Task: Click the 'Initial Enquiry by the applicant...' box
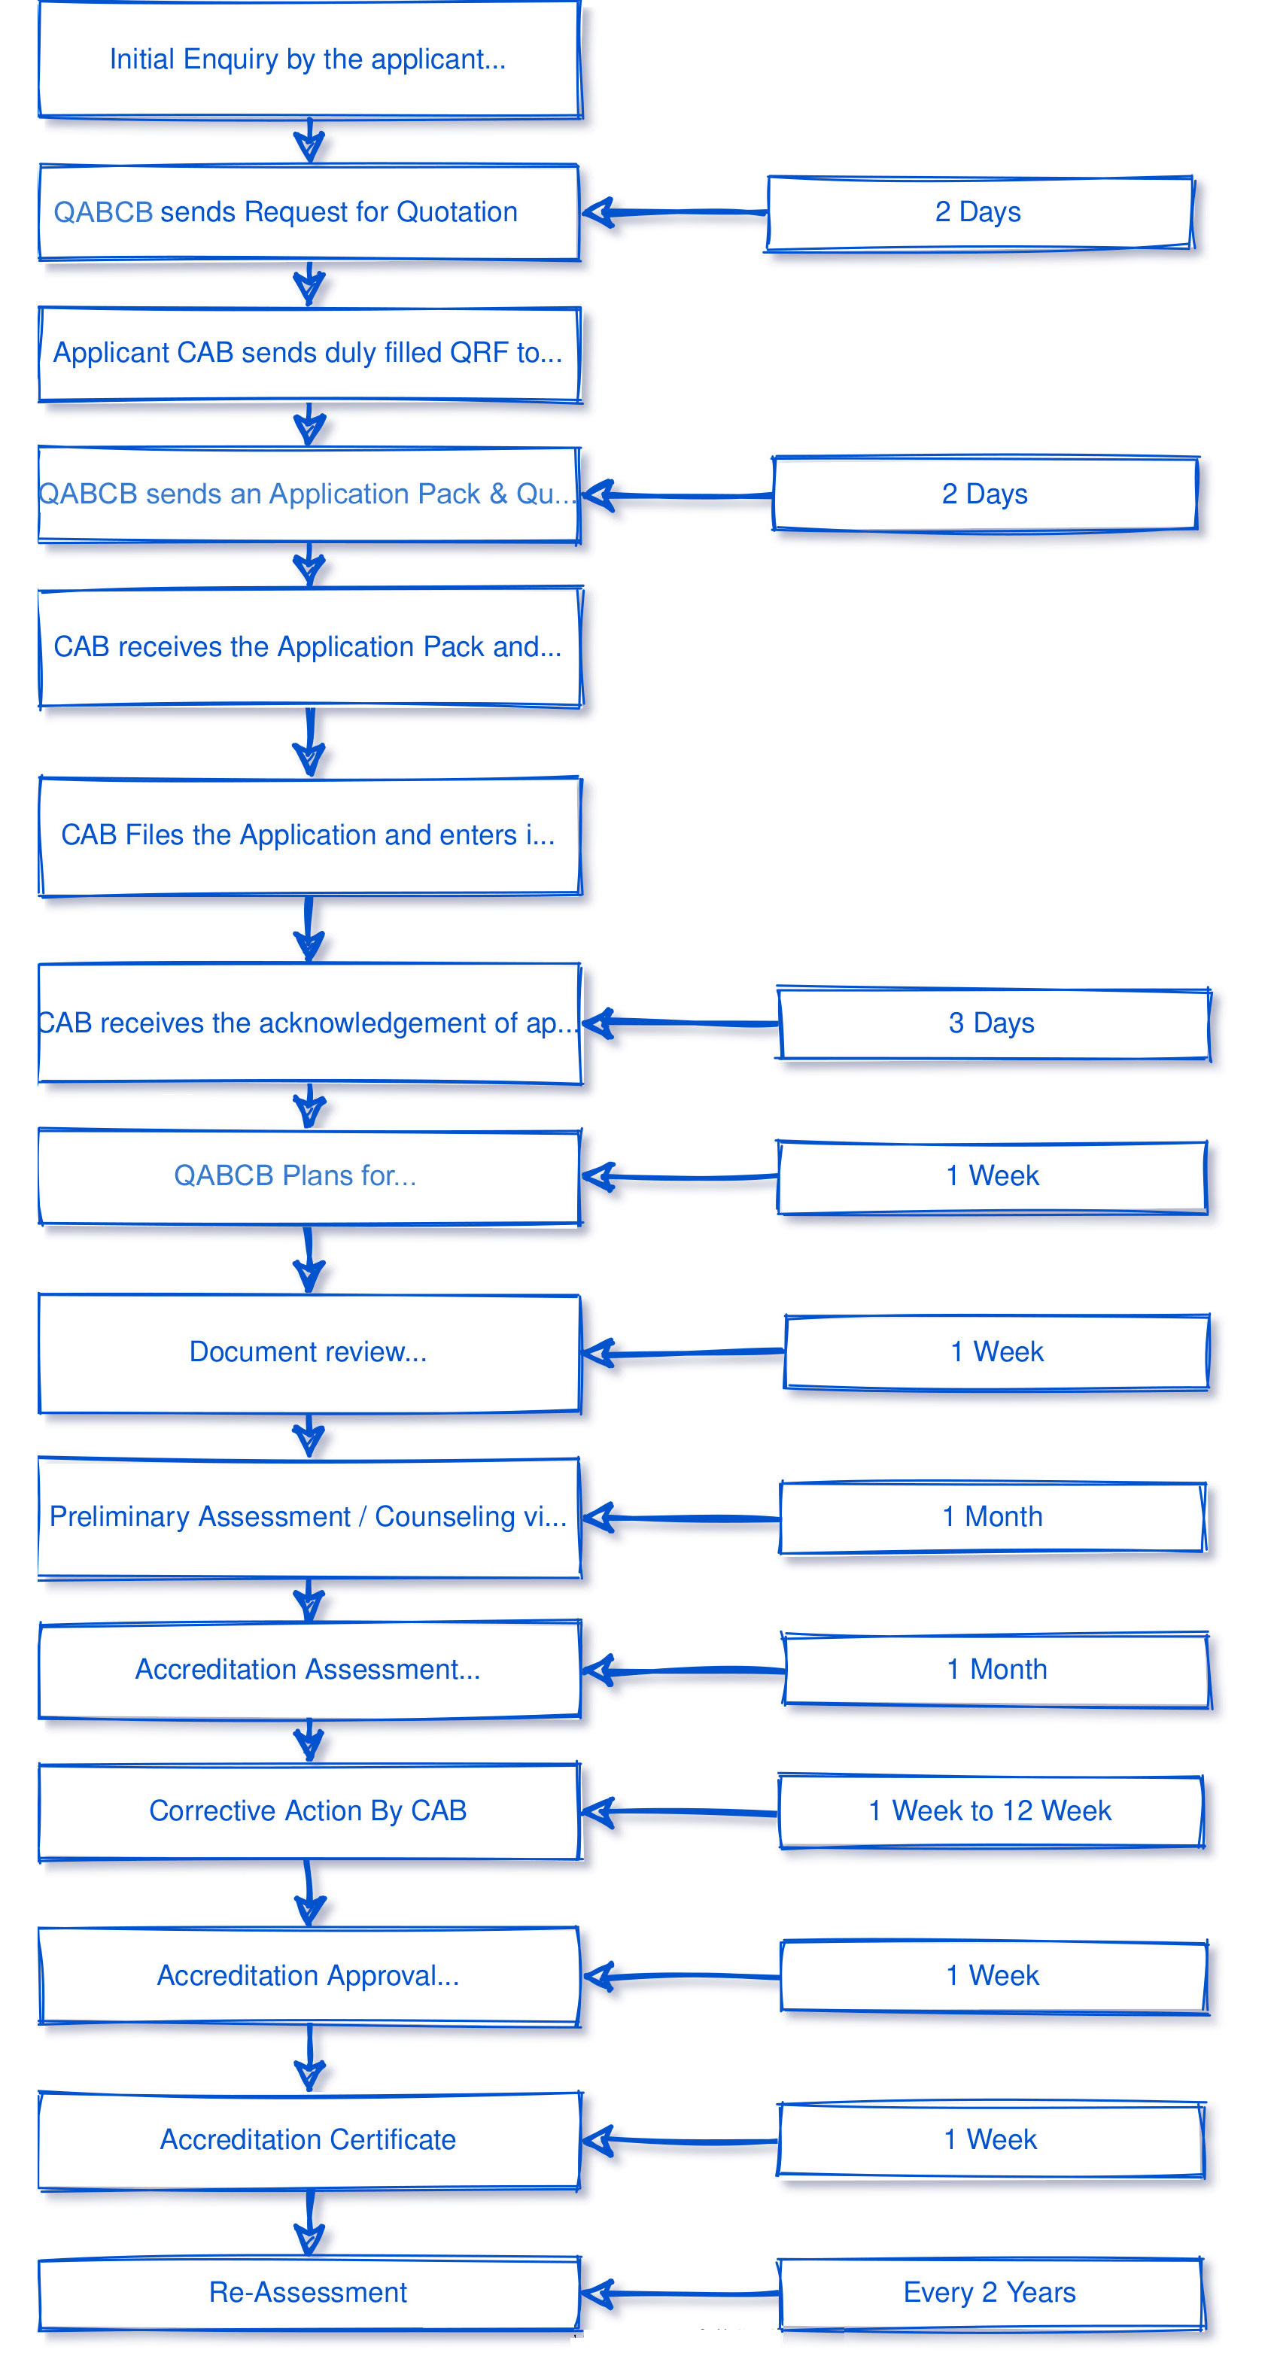tap(309, 59)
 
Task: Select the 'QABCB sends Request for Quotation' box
tap(309, 212)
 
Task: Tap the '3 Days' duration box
tap(993, 1023)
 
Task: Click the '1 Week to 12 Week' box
tap(990, 1811)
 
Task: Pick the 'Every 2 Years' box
tap(990, 2293)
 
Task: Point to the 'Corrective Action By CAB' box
tap(309, 1811)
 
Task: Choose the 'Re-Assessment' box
tap(309, 2293)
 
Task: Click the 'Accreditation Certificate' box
tap(309, 2140)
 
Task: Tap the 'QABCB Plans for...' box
tap(309, 1176)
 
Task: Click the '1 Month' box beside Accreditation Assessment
tap(996, 1670)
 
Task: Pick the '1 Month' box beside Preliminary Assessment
tap(993, 1517)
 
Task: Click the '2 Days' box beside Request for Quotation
tap(978, 212)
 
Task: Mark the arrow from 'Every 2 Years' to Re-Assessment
tap(681, 2294)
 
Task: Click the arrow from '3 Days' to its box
tap(681, 1023)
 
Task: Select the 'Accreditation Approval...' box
tap(309, 1977)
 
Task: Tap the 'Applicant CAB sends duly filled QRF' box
tap(309, 354)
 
